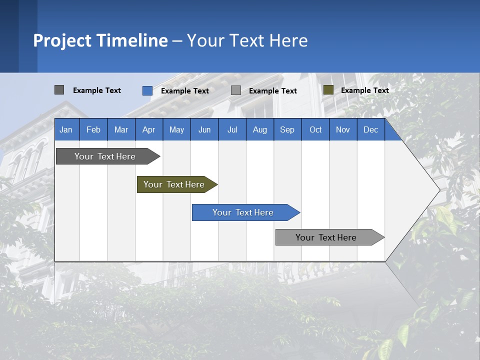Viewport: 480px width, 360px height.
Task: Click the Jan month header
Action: coord(66,129)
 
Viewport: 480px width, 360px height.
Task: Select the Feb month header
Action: coord(93,129)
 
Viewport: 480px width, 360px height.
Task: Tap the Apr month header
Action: coord(148,129)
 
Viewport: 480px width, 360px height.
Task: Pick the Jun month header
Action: coord(204,129)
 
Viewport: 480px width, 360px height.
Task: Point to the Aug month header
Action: coord(259,129)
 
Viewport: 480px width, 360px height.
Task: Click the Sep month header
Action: coord(287,129)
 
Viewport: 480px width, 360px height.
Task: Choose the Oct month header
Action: coord(315,129)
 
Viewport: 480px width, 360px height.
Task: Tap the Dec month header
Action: coord(370,129)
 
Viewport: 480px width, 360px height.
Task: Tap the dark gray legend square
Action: coord(59,90)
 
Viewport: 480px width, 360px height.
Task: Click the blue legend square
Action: coord(147,90)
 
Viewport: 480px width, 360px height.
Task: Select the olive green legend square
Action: coord(328,90)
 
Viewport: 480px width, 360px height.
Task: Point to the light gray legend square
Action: coord(236,90)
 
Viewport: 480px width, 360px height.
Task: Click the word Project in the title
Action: coord(61,40)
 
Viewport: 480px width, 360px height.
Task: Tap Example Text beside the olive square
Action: coord(364,90)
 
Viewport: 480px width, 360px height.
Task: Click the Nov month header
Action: coord(343,129)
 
